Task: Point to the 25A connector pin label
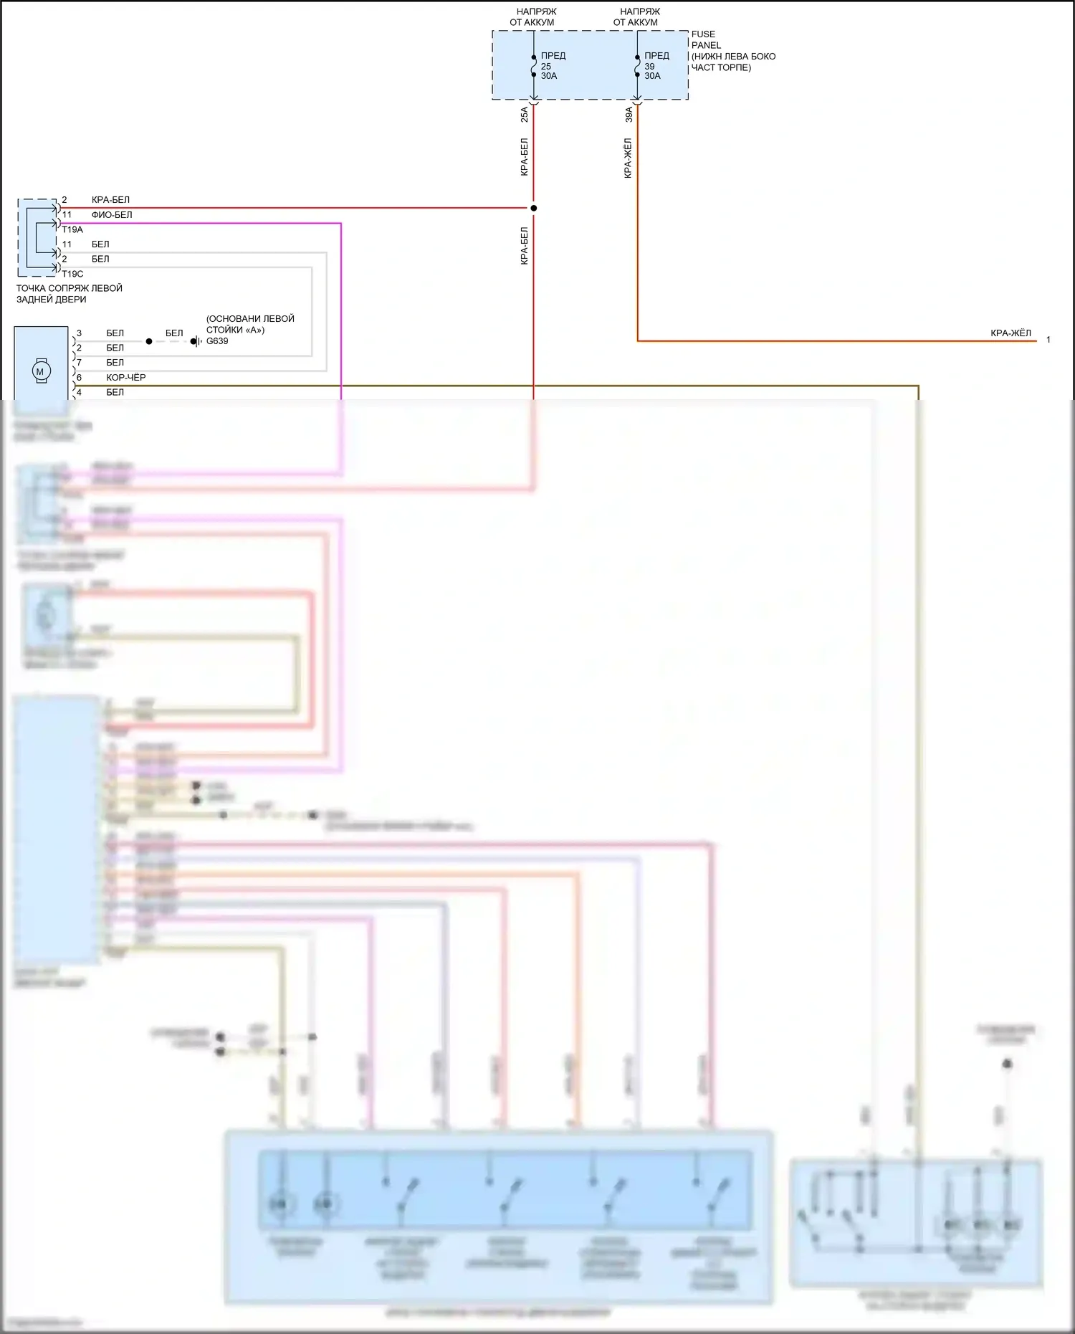[x=524, y=114]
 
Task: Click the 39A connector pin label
[x=629, y=114]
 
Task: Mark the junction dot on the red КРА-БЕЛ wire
[x=533, y=209]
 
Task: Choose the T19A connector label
[x=72, y=229]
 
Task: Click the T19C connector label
[x=72, y=274]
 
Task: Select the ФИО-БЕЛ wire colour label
[x=112, y=214]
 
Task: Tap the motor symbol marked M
[x=40, y=371]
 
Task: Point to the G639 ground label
[x=217, y=341]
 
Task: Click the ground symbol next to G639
[x=195, y=341]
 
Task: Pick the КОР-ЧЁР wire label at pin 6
[x=126, y=377]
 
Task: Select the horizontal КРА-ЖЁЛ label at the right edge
[x=1010, y=333]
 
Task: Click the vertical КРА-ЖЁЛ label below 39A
[x=629, y=158]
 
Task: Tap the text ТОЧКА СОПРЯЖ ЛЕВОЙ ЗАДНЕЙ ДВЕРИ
[x=69, y=293]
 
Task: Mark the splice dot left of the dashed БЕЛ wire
[x=149, y=341]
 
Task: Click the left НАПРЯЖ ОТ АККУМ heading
[x=532, y=16]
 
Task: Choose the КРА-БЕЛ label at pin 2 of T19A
[x=110, y=199]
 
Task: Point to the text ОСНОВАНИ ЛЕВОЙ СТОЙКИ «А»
[x=250, y=324]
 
